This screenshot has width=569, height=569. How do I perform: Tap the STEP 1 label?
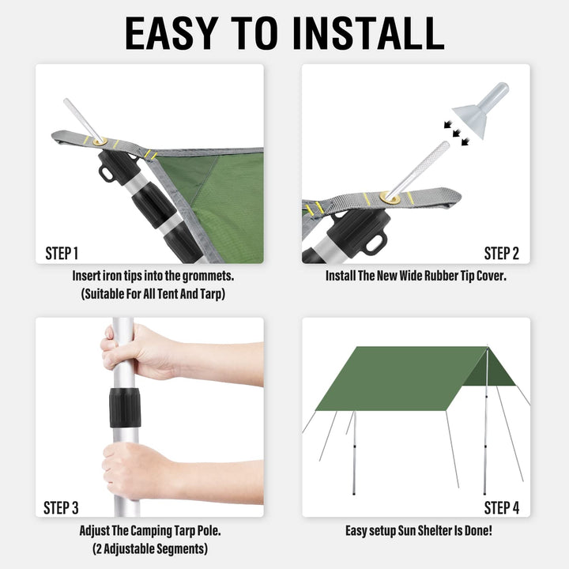click(x=62, y=254)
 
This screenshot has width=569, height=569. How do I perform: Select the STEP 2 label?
click(x=501, y=254)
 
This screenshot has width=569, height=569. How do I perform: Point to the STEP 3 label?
click(x=62, y=507)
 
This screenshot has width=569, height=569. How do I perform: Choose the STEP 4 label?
click(x=501, y=507)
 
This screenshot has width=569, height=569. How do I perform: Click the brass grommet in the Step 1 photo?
click(x=99, y=141)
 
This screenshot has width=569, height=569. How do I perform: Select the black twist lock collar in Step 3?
click(x=123, y=407)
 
